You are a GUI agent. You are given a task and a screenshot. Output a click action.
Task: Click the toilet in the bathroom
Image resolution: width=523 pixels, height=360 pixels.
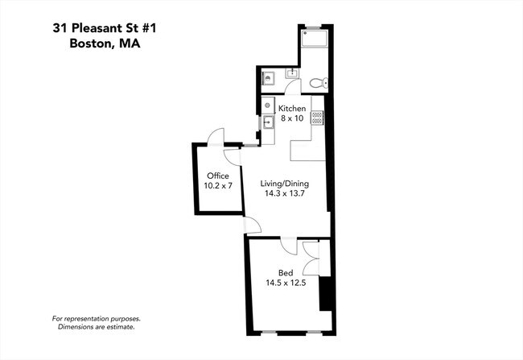[x=319, y=83]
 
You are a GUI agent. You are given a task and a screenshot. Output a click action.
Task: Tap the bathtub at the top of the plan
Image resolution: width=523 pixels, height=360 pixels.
[x=315, y=39]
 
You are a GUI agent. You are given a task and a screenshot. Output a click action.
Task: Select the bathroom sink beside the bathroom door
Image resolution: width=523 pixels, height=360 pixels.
[x=292, y=73]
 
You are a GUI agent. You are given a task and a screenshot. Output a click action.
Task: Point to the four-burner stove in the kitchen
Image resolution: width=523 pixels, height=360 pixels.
[x=317, y=118]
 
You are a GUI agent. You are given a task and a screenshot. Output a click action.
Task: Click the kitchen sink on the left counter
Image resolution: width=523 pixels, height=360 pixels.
[x=268, y=122]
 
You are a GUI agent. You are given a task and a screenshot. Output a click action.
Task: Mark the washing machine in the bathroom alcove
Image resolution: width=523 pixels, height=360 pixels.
[x=267, y=78]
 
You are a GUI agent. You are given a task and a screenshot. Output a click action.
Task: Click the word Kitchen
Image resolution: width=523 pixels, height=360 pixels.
[x=292, y=109]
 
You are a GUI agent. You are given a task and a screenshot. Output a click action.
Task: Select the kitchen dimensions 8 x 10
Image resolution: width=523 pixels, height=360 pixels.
[x=292, y=118]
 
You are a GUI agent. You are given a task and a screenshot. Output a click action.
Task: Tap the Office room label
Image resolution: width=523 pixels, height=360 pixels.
[x=218, y=176]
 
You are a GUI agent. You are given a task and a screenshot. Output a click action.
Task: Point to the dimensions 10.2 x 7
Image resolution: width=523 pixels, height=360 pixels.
[x=218, y=186]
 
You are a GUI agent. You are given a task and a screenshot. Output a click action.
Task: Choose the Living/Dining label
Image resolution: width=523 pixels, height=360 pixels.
[x=285, y=184]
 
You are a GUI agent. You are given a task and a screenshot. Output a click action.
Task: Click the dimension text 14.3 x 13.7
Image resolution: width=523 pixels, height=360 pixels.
[x=285, y=193]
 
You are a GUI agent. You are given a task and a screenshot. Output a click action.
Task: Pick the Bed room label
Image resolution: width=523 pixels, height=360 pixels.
[x=286, y=273]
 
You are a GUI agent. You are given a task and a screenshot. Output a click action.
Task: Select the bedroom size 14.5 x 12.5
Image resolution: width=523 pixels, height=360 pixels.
[x=286, y=283]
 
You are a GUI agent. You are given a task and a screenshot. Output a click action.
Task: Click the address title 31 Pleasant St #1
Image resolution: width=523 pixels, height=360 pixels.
[x=105, y=28]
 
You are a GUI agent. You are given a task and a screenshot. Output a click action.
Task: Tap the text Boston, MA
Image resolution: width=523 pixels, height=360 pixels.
[x=105, y=43]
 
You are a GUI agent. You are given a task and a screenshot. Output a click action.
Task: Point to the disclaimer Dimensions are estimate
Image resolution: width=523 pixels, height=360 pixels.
[x=97, y=327]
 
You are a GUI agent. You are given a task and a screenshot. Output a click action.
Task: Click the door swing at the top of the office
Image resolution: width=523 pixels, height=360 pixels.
[x=216, y=136]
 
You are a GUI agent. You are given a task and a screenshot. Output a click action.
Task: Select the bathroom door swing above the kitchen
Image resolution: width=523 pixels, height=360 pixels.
[x=293, y=87]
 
